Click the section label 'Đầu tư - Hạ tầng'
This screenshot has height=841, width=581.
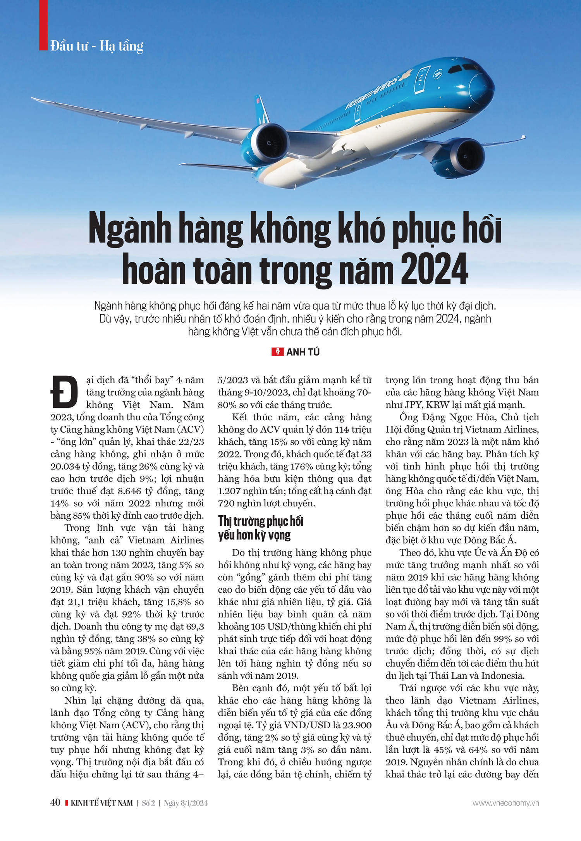tap(97, 46)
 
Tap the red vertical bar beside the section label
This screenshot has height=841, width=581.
tap(43, 25)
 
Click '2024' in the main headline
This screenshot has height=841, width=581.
tap(434, 269)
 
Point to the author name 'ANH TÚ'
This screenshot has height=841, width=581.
tap(303, 352)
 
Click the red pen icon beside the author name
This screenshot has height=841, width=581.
tap(277, 352)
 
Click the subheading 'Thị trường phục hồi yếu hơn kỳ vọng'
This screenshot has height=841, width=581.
tap(260, 528)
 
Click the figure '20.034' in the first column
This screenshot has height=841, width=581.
tap(65, 466)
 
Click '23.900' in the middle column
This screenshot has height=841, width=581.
tap(356, 725)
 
